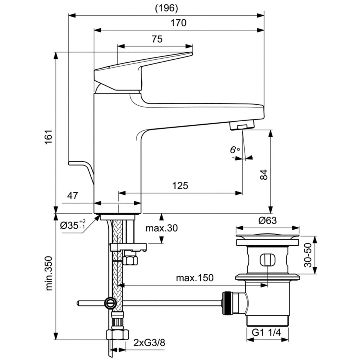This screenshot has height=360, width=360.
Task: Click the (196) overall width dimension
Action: click(x=167, y=8)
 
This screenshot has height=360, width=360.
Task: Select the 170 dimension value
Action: click(x=179, y=23)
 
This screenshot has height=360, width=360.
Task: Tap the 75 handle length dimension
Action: click(x=157, y=39)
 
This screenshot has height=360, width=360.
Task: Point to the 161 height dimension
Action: click(x=49, y=137)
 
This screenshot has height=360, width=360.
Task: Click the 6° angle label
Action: click(x=235, y=150)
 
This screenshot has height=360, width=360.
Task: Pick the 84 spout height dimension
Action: click(x=264, y=175)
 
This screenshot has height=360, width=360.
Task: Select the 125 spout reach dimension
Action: click(x=180, y=186)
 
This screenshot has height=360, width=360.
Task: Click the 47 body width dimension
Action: click(x=72, y=196)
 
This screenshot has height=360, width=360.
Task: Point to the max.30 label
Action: click(x=162, y=228)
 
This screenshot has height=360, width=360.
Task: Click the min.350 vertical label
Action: click(x=49, y=274)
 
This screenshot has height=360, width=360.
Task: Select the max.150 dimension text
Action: click(x=195, y=278)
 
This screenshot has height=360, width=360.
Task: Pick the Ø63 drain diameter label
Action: click(x=268, y=220)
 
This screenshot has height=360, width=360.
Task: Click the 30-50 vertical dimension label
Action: click(x=308, y=255)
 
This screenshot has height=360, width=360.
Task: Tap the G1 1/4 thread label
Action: click(x=266, y=332)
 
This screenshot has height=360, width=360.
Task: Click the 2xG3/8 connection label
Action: click(x=150, y=343)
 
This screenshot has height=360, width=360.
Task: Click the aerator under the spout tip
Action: click(x=242, y=125)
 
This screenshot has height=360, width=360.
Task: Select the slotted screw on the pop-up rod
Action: click(x=110, y=304)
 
